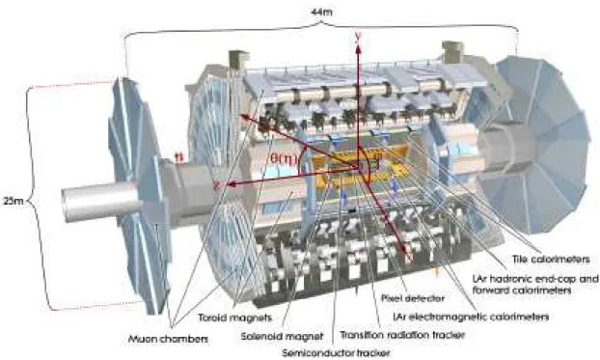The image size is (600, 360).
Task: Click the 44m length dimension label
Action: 321,12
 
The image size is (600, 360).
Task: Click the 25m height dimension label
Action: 13,201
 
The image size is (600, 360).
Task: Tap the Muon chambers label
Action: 168,339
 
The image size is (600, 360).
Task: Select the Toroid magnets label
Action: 235,318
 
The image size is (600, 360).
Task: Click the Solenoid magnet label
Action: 282,336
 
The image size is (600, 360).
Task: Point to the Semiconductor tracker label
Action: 336,352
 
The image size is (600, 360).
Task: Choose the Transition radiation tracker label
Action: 402,335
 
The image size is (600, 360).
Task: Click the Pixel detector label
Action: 413,297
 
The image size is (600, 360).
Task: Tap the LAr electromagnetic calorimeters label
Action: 471,317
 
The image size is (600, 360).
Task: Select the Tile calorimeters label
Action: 551,260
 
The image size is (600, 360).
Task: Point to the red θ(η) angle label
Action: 284,158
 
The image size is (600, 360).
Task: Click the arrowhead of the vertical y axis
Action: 359,47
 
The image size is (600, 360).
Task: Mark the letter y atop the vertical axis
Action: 359,37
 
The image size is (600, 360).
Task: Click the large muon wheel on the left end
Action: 140,195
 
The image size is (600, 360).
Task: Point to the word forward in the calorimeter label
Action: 492,290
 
